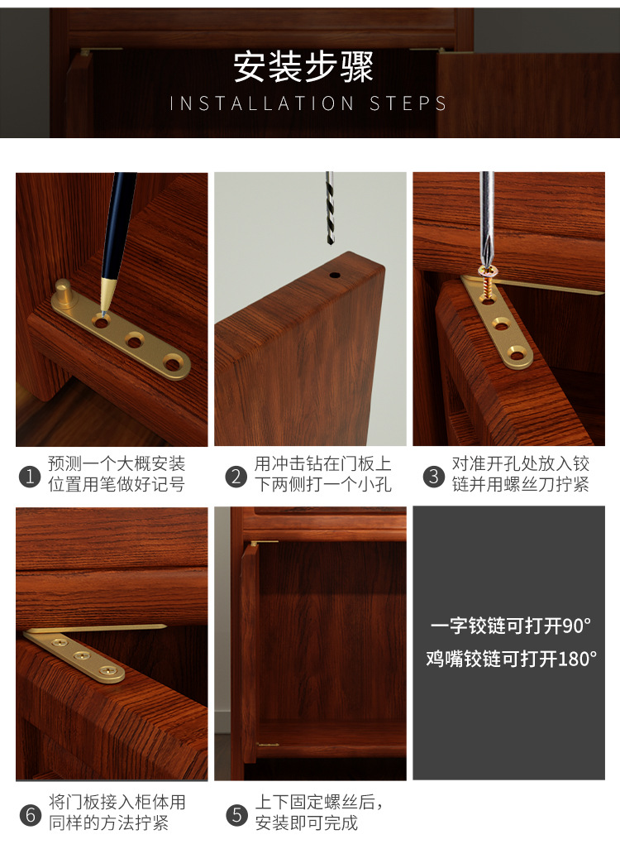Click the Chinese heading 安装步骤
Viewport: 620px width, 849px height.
[x=303, y=67]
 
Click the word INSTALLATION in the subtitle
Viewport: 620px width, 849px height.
[x=261, y=104]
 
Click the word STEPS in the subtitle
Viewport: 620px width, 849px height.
[x=408, y=104]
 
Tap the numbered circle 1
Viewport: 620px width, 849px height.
[x=30, y=477]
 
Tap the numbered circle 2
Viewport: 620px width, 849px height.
[x=237, y=477]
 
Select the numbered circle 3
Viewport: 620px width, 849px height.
[x=433, y=477]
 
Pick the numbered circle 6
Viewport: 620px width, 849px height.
[x=30, y=814]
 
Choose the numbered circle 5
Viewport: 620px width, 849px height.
[x=237, y=814]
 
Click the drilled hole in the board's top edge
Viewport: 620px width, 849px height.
[x=336, y=272]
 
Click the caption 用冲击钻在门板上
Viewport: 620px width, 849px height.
[x=323, y=464]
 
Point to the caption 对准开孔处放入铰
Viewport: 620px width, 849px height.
[x=520, y=464]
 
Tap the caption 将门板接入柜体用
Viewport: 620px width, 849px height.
[x=117, y=802]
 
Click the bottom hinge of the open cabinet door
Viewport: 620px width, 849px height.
[x=267, y=744]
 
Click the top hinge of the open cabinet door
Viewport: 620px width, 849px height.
[x=264, y=543]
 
